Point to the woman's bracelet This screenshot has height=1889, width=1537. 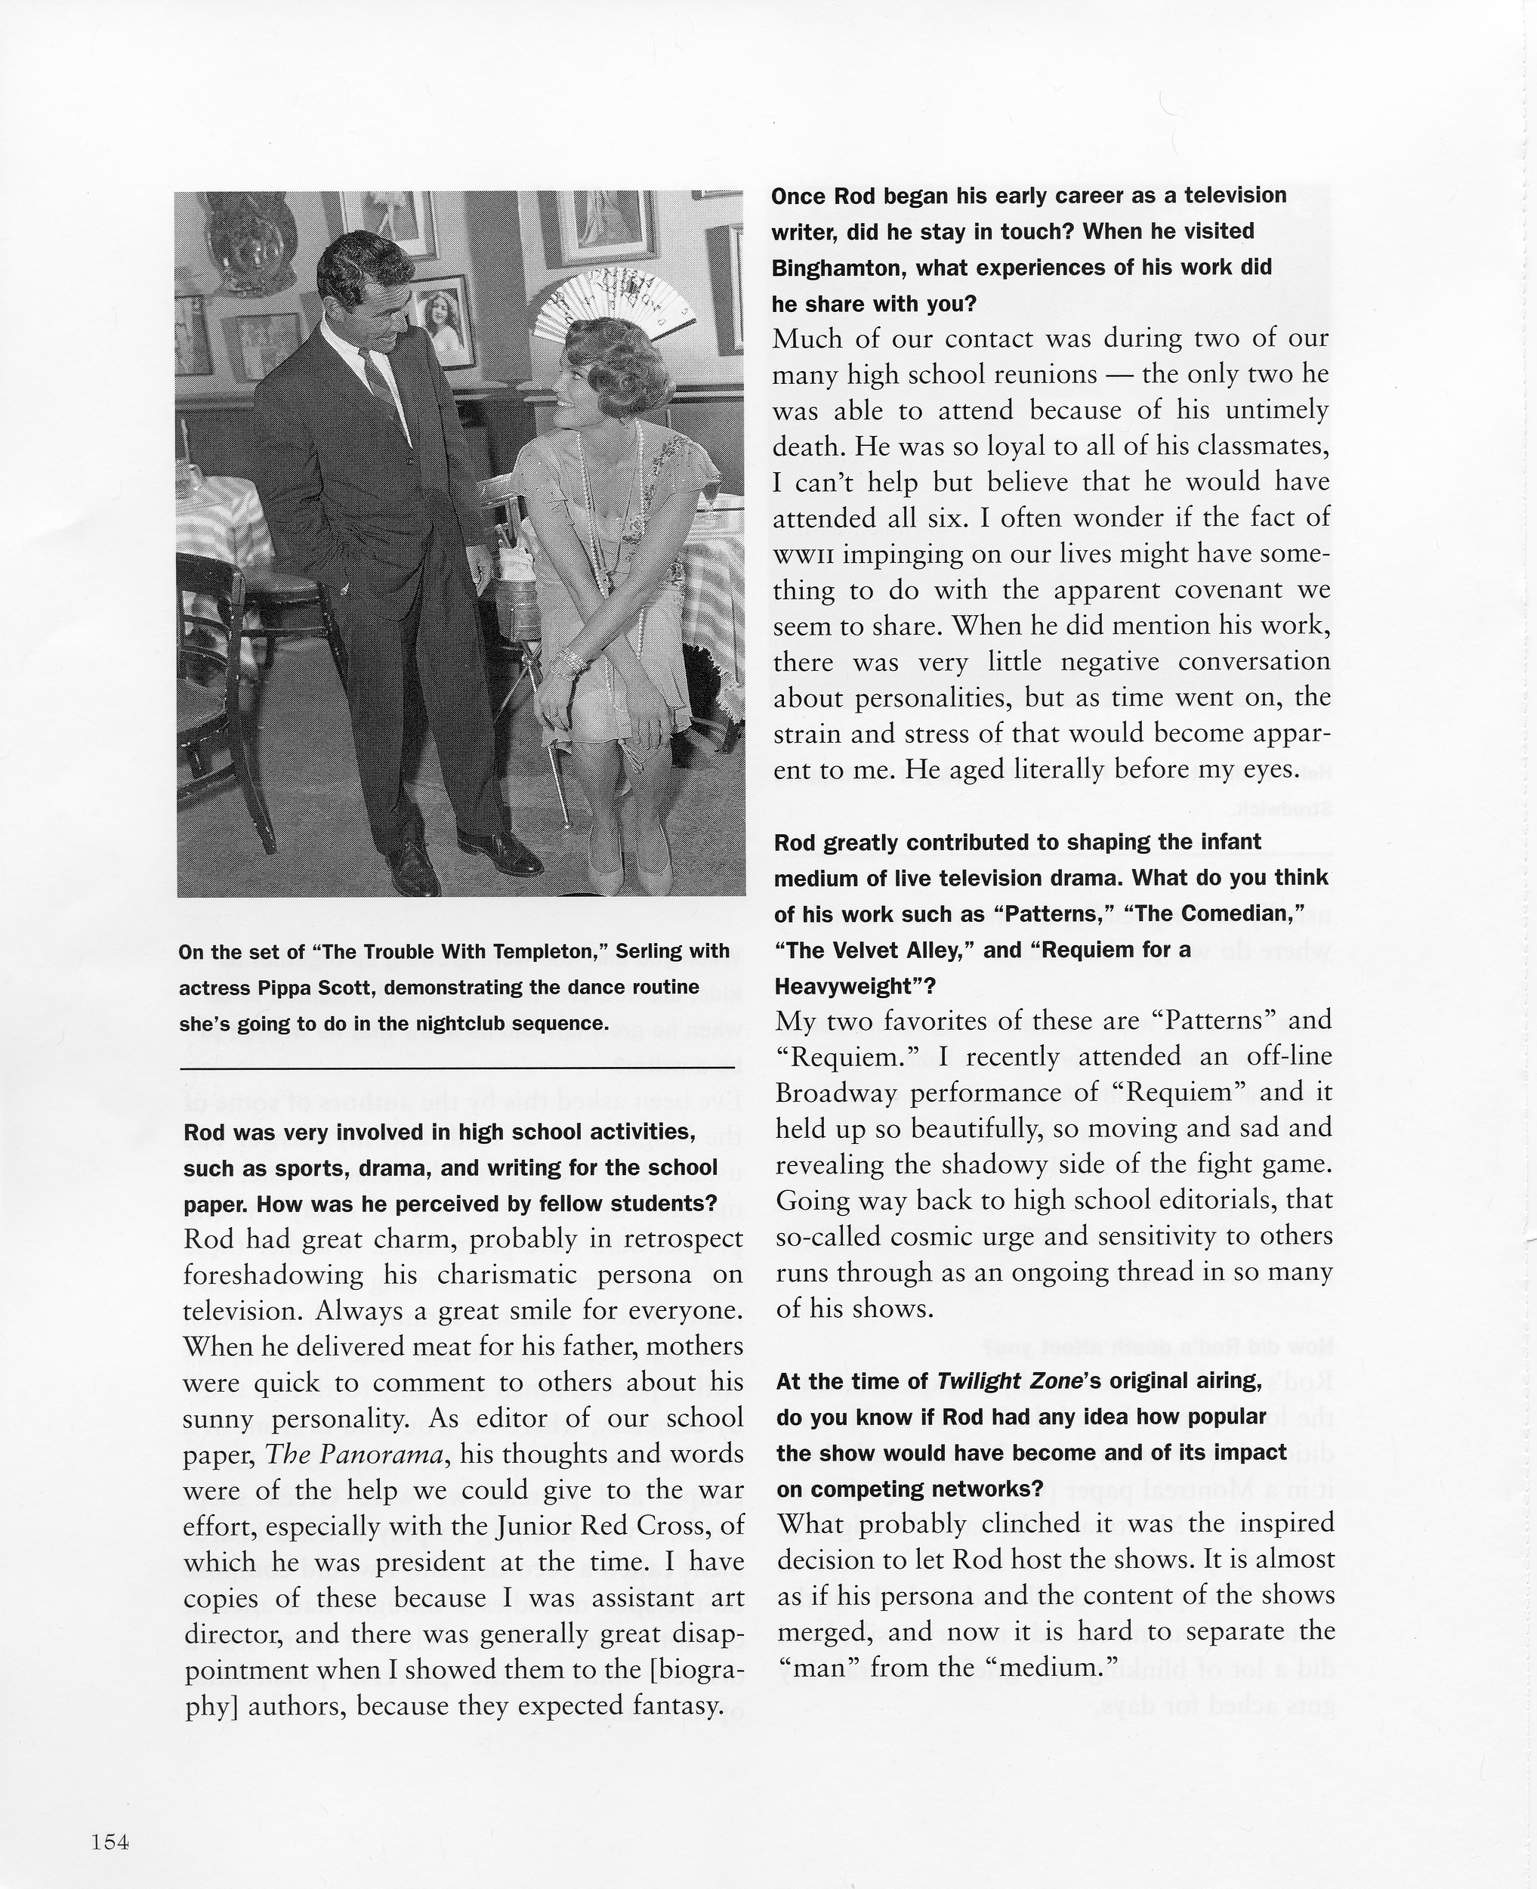coord(570,660)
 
